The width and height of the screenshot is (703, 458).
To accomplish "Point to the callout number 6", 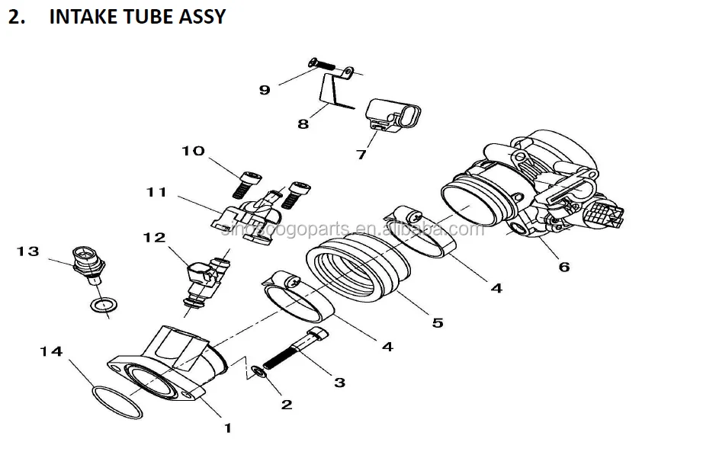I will [564, 267].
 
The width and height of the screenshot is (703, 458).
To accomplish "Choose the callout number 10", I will [193, 151].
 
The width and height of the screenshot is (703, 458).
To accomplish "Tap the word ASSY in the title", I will [201, 16].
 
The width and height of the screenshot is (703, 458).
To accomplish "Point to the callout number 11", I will [156, 193].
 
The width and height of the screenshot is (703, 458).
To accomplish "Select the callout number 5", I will [437, 322].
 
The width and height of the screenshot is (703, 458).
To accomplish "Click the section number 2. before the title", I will [17, 16].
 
